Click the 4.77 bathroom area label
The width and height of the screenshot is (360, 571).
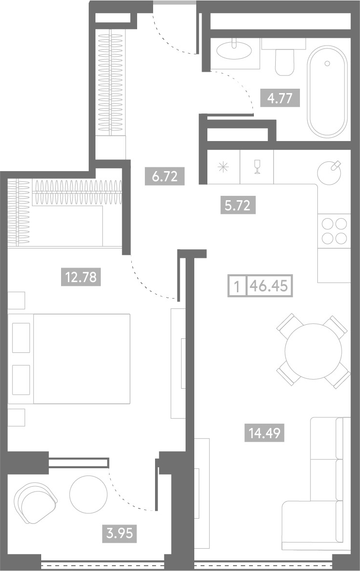[280, 97]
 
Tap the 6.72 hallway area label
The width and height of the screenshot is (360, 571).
[165, 176]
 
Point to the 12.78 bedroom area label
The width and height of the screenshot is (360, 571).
[81, 277]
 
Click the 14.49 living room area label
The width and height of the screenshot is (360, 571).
[265, 433]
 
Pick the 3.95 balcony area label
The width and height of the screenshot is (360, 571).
[119, 534]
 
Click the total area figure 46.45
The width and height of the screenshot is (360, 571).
[270, 286]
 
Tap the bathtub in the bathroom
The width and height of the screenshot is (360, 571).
[327, 92]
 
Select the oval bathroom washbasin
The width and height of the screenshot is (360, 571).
[234, 50]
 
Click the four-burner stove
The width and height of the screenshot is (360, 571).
[334, 231]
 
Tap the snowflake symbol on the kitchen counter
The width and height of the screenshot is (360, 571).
[223, 168]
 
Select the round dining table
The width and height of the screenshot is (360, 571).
[313, 351]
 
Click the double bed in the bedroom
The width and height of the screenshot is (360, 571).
[69, 359]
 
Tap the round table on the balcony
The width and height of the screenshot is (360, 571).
[89, 494]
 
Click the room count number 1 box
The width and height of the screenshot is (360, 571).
[237, 286]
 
